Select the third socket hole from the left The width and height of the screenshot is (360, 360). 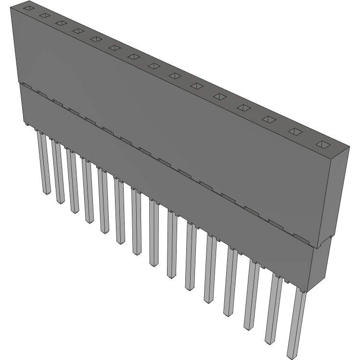coord(60,23)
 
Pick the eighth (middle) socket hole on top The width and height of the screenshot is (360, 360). coord(154,65)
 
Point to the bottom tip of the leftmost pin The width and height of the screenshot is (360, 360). coord(45,192)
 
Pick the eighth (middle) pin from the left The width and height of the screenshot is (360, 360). coord(154,233)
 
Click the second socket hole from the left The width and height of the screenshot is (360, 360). coord(44,16)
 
